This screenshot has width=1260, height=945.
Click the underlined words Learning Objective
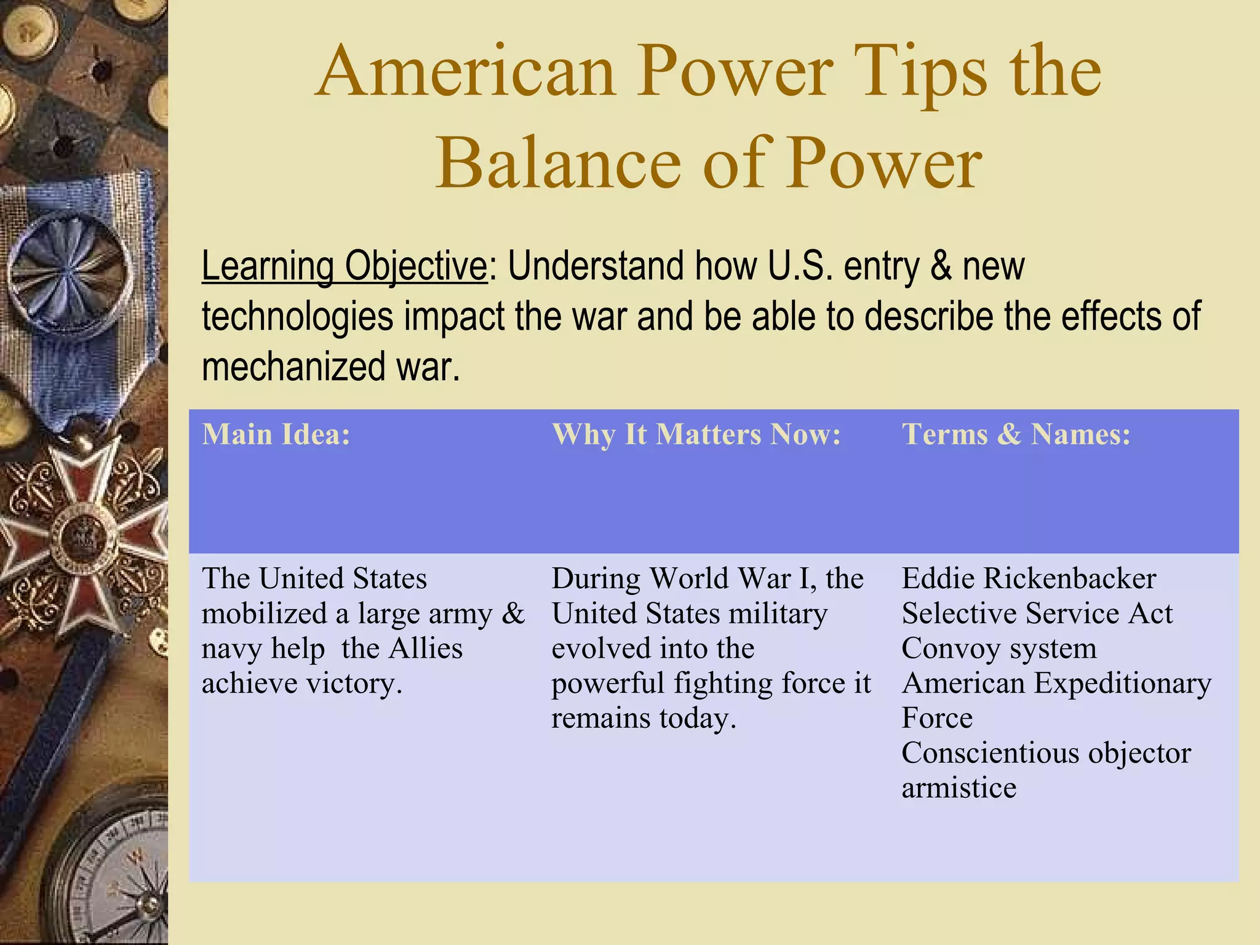point(344,266)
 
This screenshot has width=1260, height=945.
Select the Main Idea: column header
point(276,434)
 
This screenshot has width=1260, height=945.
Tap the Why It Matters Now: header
point(696,434)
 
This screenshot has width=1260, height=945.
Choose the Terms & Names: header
point(1016,434)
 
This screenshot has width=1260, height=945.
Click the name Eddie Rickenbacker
point(1029,579)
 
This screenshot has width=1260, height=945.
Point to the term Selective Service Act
point(1037,614)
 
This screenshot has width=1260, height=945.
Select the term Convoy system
point(999,648)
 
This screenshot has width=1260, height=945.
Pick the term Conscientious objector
point(1046,753)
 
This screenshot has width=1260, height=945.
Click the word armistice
point(959,788)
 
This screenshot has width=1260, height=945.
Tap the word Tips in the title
point(923,73)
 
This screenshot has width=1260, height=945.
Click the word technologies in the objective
point(297,317)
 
